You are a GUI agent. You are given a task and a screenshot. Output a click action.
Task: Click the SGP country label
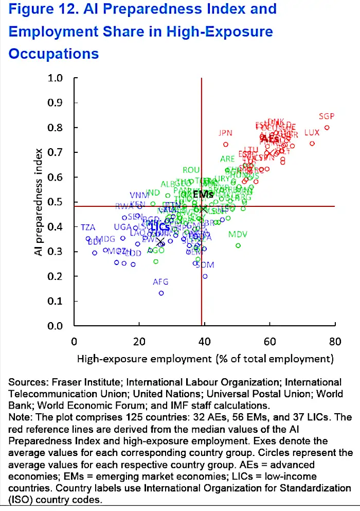tap(327, 116)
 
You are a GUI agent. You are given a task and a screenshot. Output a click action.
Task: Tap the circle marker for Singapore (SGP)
tap(327, 128)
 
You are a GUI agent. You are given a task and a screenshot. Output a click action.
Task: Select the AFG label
tap(161, 282)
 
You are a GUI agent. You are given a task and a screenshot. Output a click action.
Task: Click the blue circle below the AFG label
tap(161, 293)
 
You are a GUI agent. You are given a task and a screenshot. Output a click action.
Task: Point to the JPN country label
tap(225, 133)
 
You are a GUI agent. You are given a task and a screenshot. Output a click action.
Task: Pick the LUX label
tap(312, 133)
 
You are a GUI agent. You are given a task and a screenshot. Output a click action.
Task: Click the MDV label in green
tap(238, 235)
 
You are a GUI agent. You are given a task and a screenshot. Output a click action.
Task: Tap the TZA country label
tap(88, 227)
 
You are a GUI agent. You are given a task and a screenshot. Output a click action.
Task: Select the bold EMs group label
tap(203, 195)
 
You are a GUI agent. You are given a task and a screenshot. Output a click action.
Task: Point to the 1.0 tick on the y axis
tap(55, 78)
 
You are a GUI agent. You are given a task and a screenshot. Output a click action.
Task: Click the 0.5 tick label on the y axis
tap(55, 202)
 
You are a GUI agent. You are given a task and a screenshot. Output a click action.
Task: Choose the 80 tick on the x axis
tap(335, 341)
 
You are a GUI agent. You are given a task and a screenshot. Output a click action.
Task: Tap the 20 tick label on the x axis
tap(139, 341)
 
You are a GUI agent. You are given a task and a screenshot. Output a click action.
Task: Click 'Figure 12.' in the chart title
tap(37, 9)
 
